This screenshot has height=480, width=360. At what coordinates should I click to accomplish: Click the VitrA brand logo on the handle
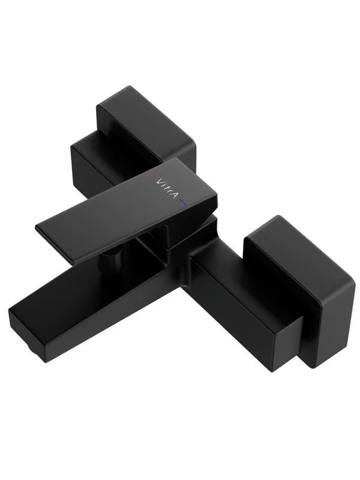[x=167, y=188]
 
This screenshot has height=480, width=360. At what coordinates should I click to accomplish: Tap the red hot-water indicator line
[x=152, y=175]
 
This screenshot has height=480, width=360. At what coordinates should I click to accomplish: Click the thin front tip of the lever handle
[x=55, y=245]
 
